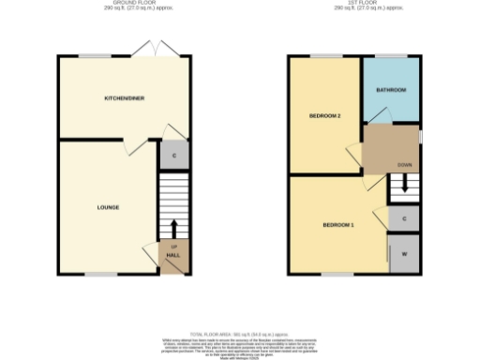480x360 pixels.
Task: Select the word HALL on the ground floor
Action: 173,255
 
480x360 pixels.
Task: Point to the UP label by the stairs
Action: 173,247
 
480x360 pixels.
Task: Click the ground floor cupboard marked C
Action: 174,155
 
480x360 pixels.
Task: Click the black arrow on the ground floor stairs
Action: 173,227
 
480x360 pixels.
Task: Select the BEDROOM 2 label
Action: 324,115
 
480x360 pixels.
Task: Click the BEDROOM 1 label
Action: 338,225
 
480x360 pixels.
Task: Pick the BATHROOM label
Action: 391,90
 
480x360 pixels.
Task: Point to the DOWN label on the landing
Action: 404,165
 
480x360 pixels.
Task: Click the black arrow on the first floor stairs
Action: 404,185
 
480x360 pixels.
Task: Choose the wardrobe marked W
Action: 404,254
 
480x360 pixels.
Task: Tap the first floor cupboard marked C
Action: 404,218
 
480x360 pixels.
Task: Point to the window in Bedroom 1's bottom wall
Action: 339,275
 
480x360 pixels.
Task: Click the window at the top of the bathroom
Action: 390,57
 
